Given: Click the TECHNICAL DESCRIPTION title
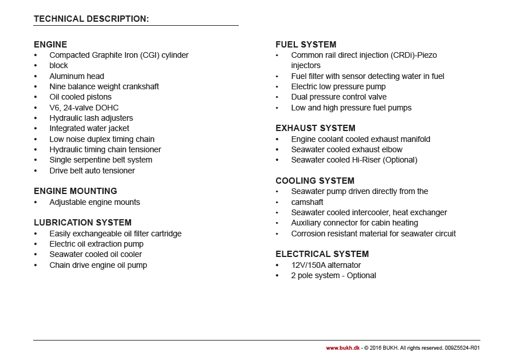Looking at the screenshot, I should tap(91, 19).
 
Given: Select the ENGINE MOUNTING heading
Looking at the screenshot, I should tap(75, 191).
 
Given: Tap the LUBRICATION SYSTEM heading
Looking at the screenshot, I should tap(82, 223).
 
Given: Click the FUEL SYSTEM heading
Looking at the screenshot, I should tap(306, 45).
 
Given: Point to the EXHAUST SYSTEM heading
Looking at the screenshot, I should tap(315, 128).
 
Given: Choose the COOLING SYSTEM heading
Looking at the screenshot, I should tap(315, 181).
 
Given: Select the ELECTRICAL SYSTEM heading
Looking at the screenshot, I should tap(322, 254).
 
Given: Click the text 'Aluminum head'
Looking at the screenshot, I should tap(77, 76).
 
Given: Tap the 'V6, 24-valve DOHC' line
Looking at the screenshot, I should tap(84, 108).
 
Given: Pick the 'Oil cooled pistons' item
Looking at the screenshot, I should tap(80, 97).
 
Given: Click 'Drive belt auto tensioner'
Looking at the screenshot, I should tap(92, 171).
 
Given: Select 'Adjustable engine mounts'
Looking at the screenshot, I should tap(94, 202).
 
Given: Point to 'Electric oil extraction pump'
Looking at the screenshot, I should tap(96, 244).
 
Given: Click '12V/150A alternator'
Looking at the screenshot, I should tap(326, 265).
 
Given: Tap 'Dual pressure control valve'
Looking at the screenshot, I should tap(339, 97).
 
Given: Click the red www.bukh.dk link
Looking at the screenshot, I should tap(343, 347).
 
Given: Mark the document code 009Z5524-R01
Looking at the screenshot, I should tap(462, 347).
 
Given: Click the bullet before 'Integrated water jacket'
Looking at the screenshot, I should tap(35, 128).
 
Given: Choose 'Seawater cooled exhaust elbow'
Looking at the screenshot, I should tap(347, 149).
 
